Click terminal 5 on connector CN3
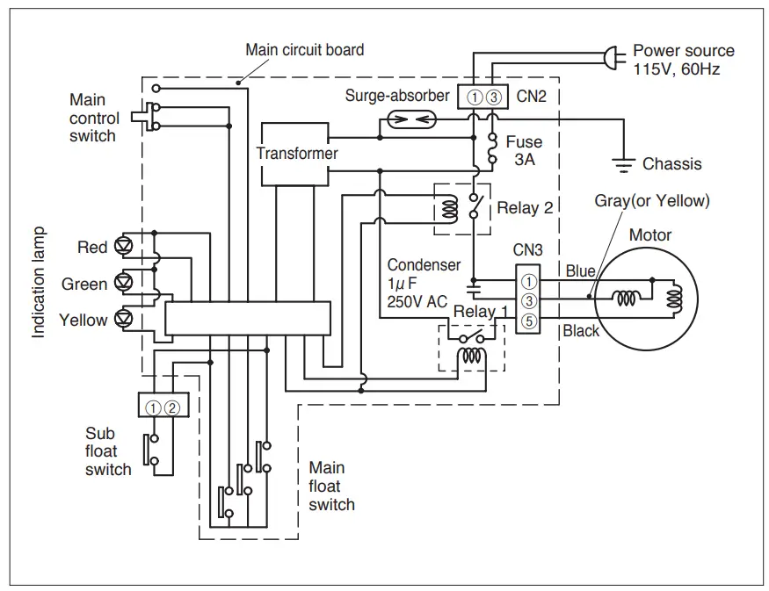pyautogui.click(x=528, y=321)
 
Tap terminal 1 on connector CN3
pyautogui.click(x=528, y=282)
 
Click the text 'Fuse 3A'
pyautogui.click(x=524, y=150)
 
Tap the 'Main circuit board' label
pyautogui.click(x=304, y=49)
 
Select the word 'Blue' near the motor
pyautogui.click(x=580, y=271)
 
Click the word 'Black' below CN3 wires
pyautogui.click(x=581, y=331)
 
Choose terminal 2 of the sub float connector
pyautogui.click(x=173, y=407)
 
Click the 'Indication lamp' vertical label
pyautogui.click(x=40, y=284)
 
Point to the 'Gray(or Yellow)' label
pyautogui.click(x=651, y=201)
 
